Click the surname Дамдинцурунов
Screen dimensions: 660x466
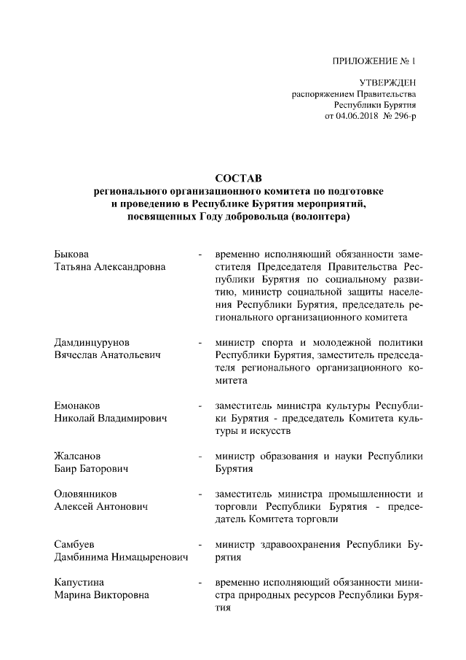click(93, 342)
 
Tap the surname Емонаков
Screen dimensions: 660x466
click(78, 405)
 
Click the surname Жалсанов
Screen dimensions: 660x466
click(78, 456)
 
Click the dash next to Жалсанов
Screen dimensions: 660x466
click(200, 457)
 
